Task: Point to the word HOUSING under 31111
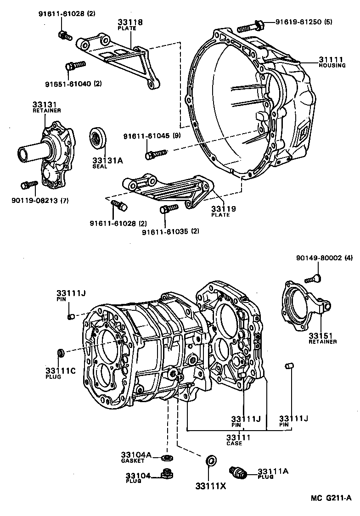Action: [332, 66]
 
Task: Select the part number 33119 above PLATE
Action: [224, 209]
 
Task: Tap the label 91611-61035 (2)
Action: [170, 231]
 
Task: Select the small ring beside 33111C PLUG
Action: [60, 353]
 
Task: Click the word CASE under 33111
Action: [234, 443]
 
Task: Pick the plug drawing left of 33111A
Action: [238, 471]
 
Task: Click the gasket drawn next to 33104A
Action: [167, 457]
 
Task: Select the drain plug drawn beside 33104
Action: [165, 473]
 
